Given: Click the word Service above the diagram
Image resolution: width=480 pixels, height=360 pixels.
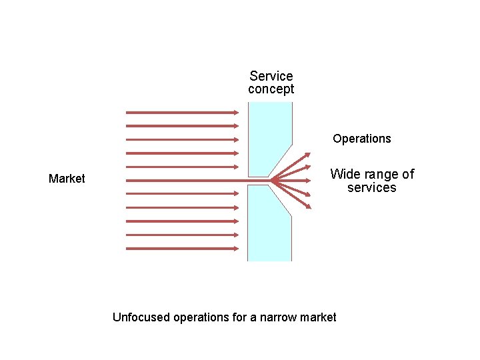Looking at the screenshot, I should tap(271, 76).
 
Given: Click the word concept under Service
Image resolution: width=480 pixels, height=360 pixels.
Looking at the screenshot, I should tap(271, 89).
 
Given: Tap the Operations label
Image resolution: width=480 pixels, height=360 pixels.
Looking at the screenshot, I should tap(362, 139).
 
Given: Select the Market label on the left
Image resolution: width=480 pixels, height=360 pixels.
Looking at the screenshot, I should tap(67, 179).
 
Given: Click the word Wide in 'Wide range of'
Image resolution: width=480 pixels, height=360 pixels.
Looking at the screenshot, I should tap(345, 174).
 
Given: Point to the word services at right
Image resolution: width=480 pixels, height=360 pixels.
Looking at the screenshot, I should tap(371, 188).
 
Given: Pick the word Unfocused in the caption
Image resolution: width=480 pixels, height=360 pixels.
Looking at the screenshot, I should tap(141, 317).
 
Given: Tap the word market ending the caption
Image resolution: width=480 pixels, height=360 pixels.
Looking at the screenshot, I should tap(318, 317).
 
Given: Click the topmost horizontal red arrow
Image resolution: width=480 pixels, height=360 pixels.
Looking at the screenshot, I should tap(180, 112).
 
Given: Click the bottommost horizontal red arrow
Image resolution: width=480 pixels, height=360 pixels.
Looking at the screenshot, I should tap(180, 249).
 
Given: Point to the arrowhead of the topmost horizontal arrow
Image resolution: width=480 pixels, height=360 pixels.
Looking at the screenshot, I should tap(235, 112).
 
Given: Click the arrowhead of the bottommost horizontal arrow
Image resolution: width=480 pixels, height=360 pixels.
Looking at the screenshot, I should tap(235, 249).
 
